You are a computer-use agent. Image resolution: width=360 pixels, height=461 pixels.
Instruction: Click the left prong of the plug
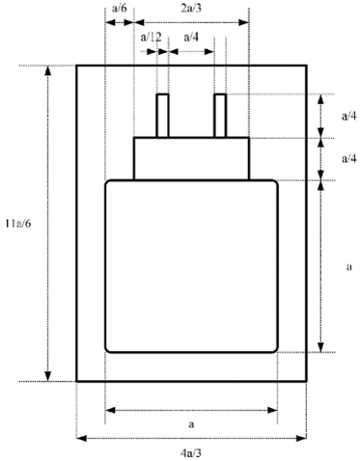[162, 116]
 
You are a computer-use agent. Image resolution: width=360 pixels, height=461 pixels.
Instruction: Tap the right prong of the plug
[220, 116]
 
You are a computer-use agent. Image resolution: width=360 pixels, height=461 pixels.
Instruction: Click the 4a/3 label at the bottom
[191, 450]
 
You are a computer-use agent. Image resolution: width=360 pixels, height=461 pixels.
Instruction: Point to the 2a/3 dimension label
[192, 8]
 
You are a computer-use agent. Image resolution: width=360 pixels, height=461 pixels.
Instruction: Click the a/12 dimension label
[151, 37]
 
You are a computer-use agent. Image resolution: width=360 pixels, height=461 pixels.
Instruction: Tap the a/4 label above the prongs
[190, 37]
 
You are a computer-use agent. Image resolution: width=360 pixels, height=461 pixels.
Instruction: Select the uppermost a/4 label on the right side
[348, 115]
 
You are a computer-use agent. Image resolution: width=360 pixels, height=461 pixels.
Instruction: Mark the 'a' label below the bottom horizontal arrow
[191, 422]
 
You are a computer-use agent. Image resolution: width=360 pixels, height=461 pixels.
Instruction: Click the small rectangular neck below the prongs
[191, 158]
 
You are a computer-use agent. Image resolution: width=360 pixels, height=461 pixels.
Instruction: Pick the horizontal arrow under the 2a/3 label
[191, 20]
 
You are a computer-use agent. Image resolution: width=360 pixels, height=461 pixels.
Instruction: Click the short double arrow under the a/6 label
[119, 20]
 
